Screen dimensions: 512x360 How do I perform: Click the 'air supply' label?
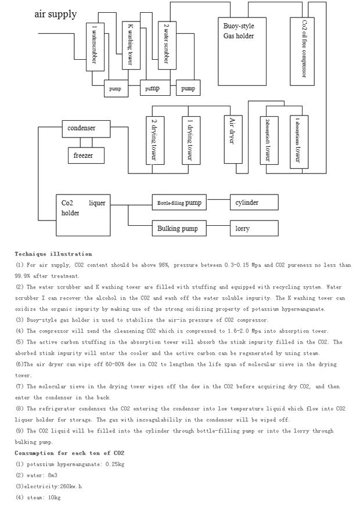click(x=55, y=14)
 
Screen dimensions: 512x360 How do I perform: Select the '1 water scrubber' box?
click(x=95, y=47)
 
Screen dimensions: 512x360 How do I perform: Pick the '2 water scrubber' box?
click(x=167, y=46)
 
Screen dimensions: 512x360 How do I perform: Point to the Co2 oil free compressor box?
click(x=304, y=49)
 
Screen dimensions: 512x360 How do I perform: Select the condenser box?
click(x=85, y=128)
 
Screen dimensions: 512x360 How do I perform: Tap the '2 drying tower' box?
click(x=153, y=140)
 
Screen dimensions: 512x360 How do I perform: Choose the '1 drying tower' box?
click(x=189, y=140)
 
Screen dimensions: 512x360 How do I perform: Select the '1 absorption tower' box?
click(x=298, y=140)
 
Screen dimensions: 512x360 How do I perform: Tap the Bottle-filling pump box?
click(x=179, y=203)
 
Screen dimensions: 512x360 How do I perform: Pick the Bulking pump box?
click(x=179, y=228)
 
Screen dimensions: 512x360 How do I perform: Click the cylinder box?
click(x=254, y=203)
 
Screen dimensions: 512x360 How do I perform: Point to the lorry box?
click(x=254, y=228)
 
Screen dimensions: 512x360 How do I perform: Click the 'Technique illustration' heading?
click(x=53, y=254)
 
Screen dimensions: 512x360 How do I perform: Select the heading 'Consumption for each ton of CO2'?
click(x=70, y=452)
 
